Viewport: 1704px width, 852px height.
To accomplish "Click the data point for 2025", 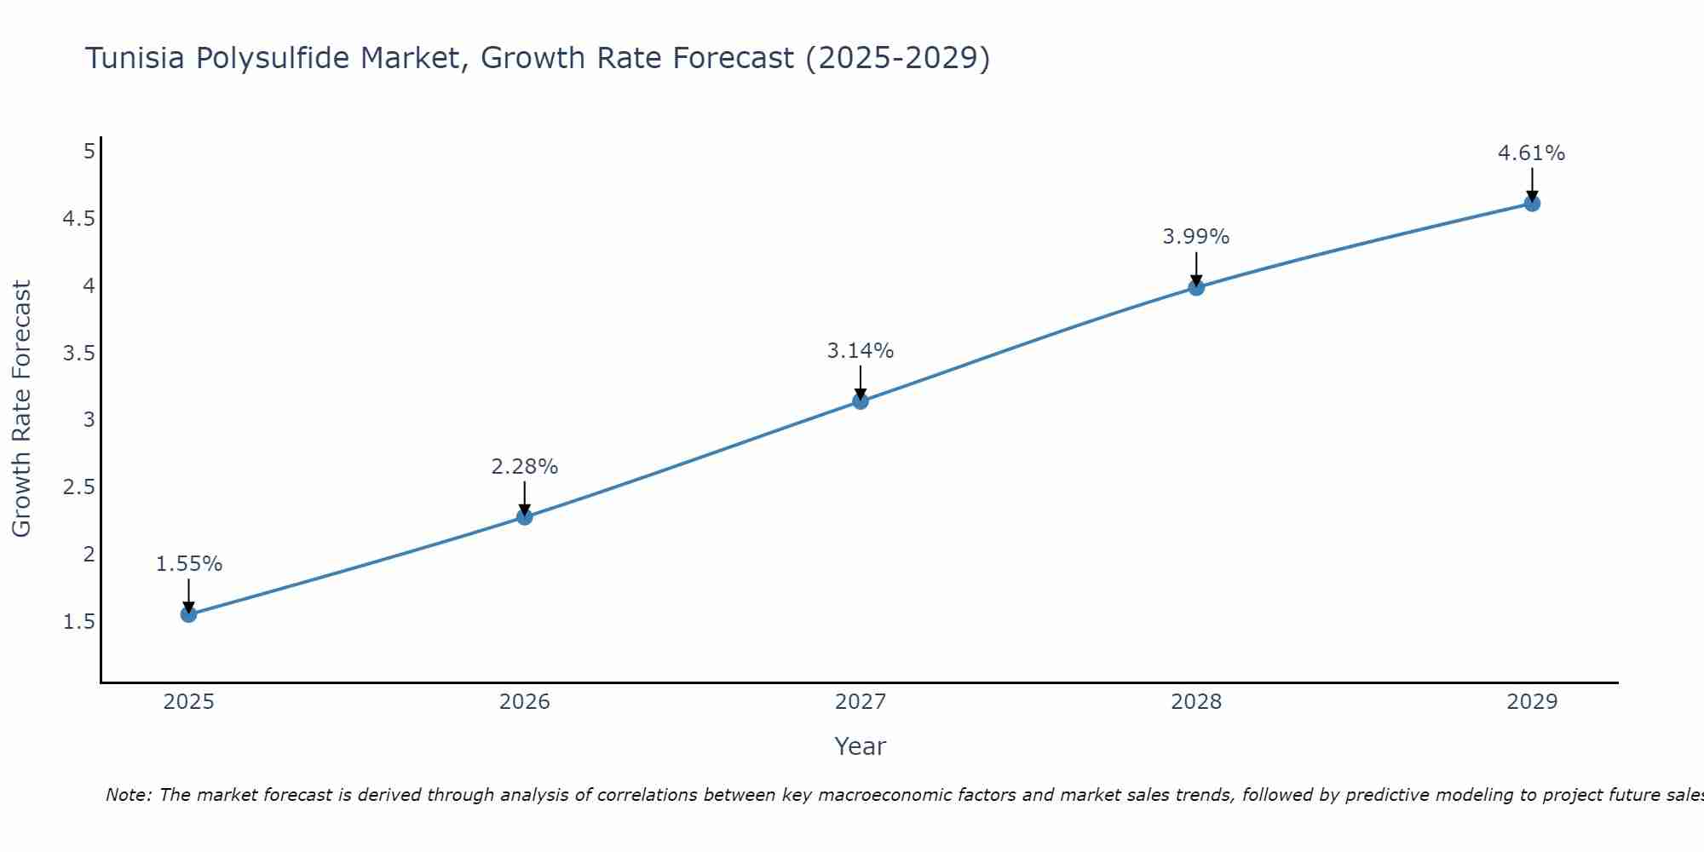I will pos(188,614).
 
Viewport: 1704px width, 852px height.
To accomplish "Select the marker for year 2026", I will pos(524,516).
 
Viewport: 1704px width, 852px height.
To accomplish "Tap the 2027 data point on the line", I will pos(861,401).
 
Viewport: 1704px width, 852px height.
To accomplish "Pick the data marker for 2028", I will pos(1196,287).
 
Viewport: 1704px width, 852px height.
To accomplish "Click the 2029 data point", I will pos(1532,204).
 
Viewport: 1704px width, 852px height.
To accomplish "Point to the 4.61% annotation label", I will pos(1531,153).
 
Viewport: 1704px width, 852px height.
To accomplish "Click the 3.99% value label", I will pos(1196,237).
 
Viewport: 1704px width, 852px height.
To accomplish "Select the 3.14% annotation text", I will pos(861,351).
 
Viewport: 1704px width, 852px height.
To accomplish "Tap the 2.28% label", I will pos(524,467).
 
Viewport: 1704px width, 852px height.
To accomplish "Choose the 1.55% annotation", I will pos(189,564).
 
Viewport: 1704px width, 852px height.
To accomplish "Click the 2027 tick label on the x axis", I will pos(861,702).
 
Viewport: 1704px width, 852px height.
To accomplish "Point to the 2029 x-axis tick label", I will pos(1532,702).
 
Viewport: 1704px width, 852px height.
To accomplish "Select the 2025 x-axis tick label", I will pos(188,702).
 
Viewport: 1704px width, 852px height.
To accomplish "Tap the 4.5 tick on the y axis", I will pos(78,219).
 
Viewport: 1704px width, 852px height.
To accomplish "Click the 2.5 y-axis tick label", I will pos(78,487).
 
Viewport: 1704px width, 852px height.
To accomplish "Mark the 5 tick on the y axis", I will pos(89,152).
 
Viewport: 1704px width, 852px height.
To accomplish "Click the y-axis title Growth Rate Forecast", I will pos(22,409).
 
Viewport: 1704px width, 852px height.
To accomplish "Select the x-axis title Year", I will pos(861,746).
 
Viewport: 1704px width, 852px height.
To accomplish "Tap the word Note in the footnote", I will pos(128,795).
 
